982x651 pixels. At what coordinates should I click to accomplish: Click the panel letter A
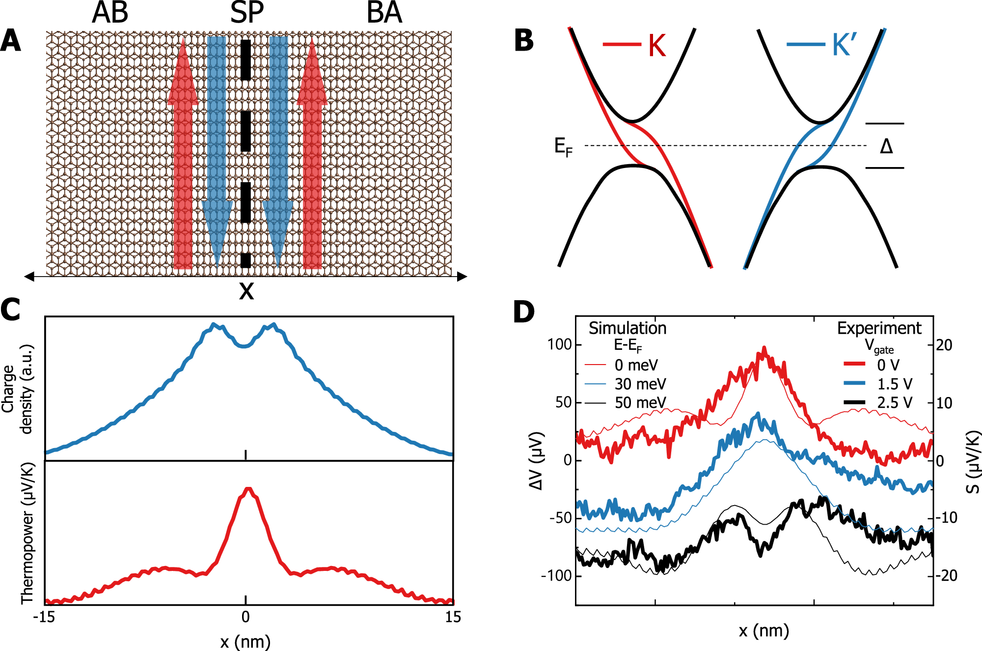(11, 41)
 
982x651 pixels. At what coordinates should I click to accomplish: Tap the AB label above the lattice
(110, 13)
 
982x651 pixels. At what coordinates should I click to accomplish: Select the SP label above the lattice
(247, 13)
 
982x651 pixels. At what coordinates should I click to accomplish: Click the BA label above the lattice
(384, 13)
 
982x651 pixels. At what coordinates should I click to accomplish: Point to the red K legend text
(656, 46)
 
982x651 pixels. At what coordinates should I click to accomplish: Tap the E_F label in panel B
(563, 147)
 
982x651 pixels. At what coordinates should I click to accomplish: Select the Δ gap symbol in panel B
(886, 146)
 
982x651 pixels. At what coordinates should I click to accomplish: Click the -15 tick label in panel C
(44, 617)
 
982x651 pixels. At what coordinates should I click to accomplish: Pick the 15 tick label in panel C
(453, 617)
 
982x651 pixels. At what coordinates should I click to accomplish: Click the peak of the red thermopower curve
(248, 489)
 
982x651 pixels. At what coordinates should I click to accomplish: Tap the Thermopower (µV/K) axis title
(27, 533)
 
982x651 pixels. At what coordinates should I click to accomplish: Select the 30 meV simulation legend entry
(640, 384)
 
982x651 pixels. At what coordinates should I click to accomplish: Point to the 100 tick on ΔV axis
(560, 344)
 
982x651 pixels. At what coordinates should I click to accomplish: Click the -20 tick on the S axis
(947, 575)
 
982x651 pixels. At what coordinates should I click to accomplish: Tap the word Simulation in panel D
(627, 328)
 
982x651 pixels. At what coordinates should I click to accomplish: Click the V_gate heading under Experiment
(879, 346)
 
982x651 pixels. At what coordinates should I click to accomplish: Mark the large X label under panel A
(246, 291)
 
